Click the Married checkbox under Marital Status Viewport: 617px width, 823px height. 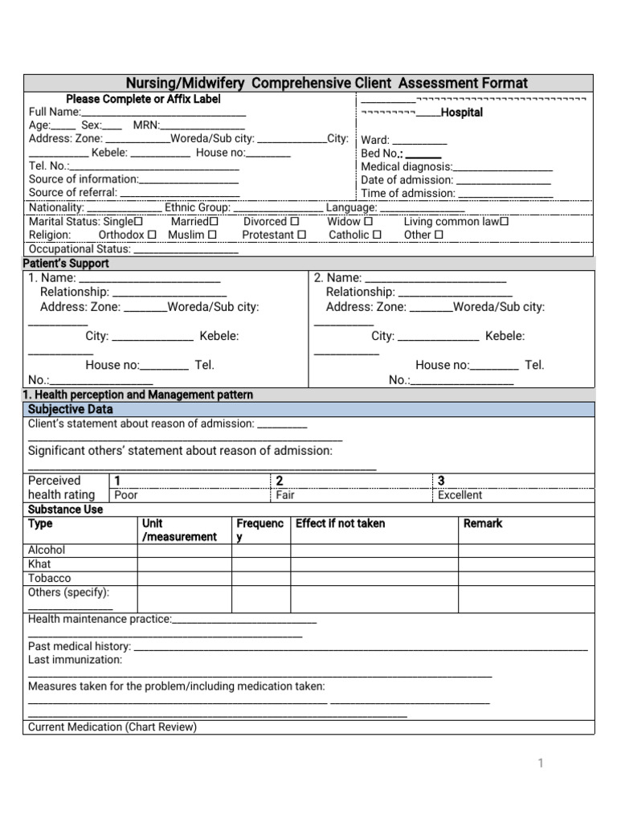pos(214,221)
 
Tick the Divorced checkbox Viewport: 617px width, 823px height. pos(295,221)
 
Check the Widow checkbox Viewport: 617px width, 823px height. pos(369,221)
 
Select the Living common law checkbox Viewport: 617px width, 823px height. pos(504,221)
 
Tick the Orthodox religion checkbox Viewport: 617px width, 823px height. pos(152,235)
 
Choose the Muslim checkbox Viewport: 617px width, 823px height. pos(212,235)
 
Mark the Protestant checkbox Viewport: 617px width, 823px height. pos(301,235)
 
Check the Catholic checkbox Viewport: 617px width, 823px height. pos(377,235)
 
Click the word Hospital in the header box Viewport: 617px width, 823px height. pos(462,113)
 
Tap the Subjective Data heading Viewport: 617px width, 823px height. pos(71,409)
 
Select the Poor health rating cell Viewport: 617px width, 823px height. pos(126,495)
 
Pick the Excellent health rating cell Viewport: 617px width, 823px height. pos(460,495)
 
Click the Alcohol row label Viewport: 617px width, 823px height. pos(47,550)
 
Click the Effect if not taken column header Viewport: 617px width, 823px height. pos(341,523)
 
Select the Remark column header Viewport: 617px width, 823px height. pos(483,523)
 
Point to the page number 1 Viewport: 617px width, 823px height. pos(541,763)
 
